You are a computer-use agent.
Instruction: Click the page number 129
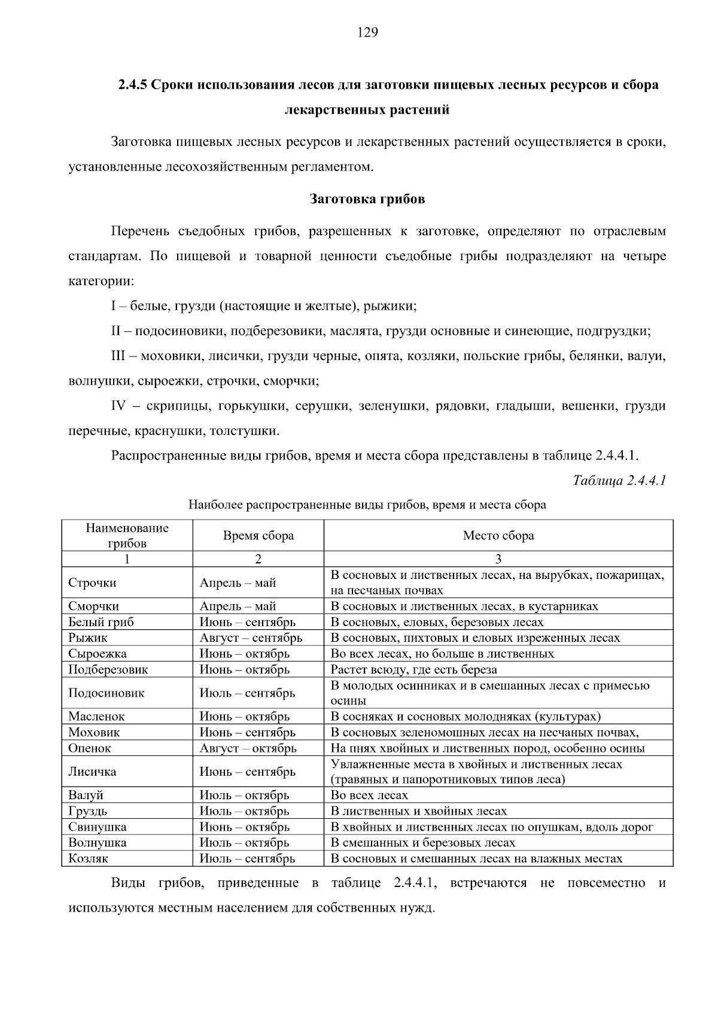(367, 32)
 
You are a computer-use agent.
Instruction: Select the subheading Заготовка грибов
(367, 199)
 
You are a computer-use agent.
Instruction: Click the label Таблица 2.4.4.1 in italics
(619, 480)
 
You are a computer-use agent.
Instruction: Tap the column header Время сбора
(258, 535)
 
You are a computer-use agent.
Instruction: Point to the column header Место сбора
(498, 535)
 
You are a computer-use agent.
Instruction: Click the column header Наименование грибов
(127, 535)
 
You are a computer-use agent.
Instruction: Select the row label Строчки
(92, 583)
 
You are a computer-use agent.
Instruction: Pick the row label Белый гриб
(101, 622)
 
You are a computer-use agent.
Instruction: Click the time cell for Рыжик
(251, 638)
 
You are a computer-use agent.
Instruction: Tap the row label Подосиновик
(106, 693)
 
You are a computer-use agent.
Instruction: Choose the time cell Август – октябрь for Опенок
(248, 748)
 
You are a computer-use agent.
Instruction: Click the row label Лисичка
(92, 772)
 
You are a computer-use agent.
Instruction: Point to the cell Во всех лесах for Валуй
(369, 795)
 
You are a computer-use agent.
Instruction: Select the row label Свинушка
(97, 827)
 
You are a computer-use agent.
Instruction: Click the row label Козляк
(88, 859)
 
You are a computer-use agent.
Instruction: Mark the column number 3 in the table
(498, 559)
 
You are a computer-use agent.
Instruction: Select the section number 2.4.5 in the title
(132, 85)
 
